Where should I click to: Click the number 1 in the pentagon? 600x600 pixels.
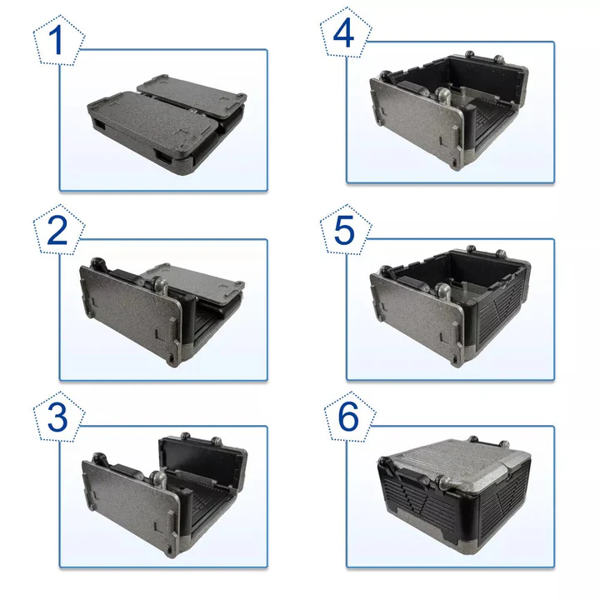click(x=56, y=42)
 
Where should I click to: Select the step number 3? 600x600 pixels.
click(x=57, y=417)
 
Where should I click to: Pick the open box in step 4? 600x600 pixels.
click(x=450, y=112)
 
